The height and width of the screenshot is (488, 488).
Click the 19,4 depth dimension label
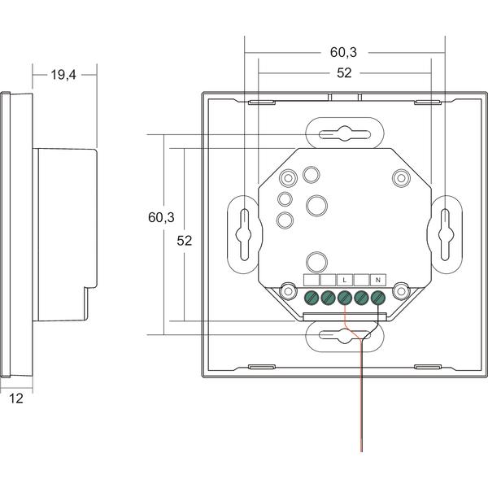click(x=63, y=76)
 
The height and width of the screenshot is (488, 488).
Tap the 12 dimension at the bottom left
click(x=15, y=399)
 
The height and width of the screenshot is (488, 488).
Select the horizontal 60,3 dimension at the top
click(x=343, y=52)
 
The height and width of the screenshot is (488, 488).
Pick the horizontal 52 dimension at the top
click(x=343, y=74)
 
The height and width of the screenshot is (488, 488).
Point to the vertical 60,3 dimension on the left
click(x=161, y=218)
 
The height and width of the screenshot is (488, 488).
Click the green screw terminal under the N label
click(x=377, y=298)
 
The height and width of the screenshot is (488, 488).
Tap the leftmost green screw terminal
click(x=312, y=298)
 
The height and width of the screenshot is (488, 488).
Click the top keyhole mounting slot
click(x=343, y=134)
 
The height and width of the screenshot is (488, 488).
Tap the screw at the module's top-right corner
click(x=399, y=177)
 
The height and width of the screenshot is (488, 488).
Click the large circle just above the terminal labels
click(x=316, y=262)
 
